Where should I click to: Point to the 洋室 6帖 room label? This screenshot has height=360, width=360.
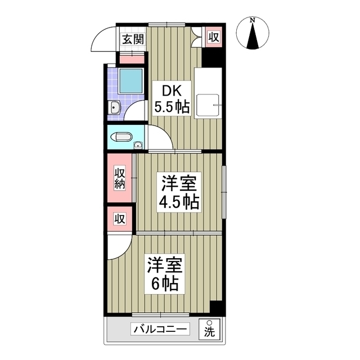(x=164, y=273)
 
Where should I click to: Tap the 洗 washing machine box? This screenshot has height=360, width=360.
(x=209, y=330)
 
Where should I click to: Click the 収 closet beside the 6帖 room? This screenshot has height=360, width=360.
(x=120, y=219)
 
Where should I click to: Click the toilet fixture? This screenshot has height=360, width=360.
(x=122, y=137)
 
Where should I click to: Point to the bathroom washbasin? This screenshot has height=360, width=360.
(x=114, y=107)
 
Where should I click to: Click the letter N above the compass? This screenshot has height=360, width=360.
(x=253, y=20)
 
